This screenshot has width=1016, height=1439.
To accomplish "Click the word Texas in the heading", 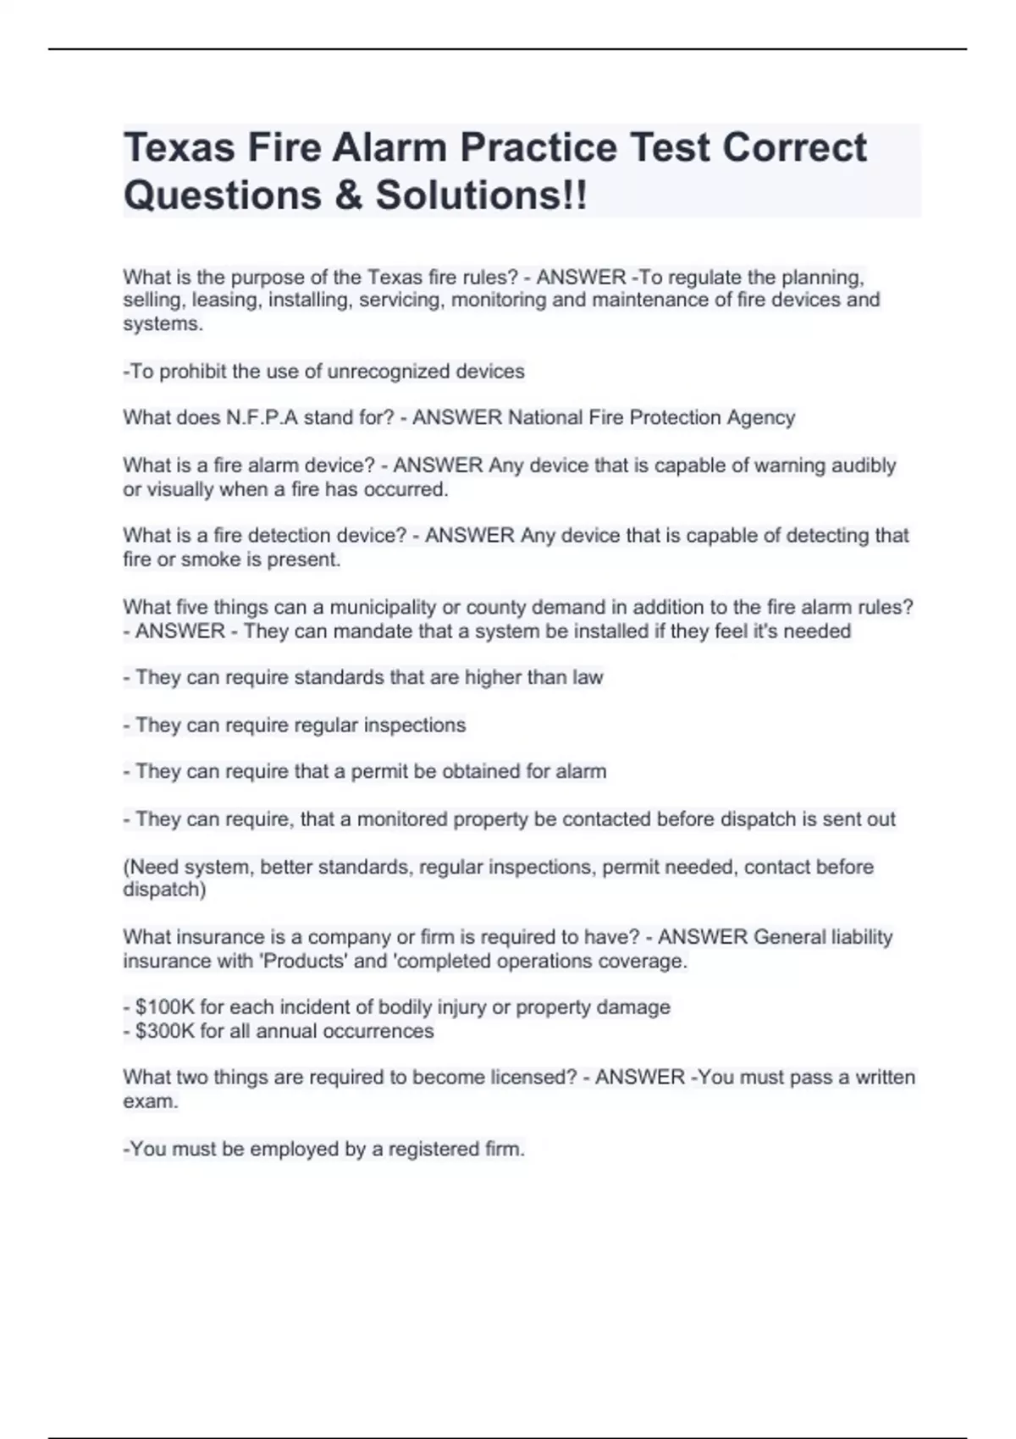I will pyautogui.click(x=179, y=148).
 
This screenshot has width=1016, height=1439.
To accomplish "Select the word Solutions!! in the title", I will pyautogui.click(x=481, y=196).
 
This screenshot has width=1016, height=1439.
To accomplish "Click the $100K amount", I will pyautogui.click(x=164, y=1007).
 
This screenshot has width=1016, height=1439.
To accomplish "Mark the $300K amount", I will pyautogui.click(x=164, y=1031).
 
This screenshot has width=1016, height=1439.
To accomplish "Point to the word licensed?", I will pyautogui.click(x=536, y=1078).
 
